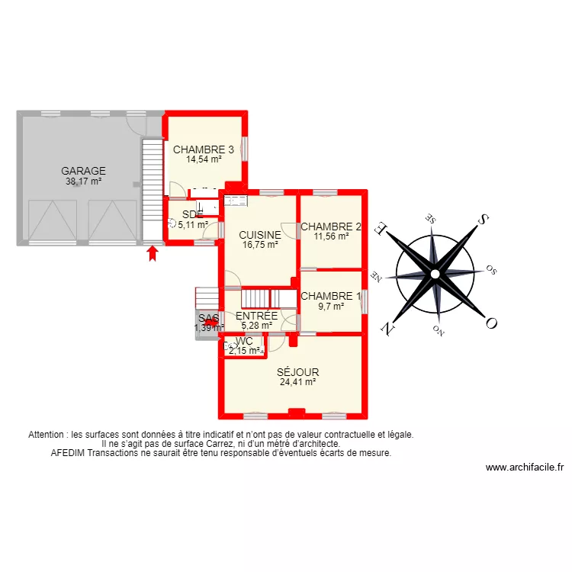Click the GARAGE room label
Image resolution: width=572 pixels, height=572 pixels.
84,172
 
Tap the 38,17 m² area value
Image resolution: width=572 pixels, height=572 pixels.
84,182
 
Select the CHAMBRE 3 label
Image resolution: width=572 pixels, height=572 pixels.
204,149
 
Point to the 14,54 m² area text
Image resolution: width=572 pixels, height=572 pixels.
204,159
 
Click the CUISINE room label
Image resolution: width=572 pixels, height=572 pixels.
259,235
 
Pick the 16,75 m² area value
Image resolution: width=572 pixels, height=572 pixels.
259,245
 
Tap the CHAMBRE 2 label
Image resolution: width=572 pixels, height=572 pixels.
331,227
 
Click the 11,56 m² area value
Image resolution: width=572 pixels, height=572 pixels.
331,236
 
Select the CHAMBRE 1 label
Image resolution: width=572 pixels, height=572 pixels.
331,297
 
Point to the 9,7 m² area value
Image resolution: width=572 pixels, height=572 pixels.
331,307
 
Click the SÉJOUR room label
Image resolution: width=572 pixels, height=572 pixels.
297,373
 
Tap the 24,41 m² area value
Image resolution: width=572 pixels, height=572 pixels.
297,383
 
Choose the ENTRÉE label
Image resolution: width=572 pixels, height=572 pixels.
256,316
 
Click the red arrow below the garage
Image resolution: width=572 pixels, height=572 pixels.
153,252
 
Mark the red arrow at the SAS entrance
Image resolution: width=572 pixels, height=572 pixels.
210,322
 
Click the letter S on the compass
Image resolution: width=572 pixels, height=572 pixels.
483,220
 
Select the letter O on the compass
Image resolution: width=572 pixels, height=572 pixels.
491,323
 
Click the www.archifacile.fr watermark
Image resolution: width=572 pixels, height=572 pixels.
524,468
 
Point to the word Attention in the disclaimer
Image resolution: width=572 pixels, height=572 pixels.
47,435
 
